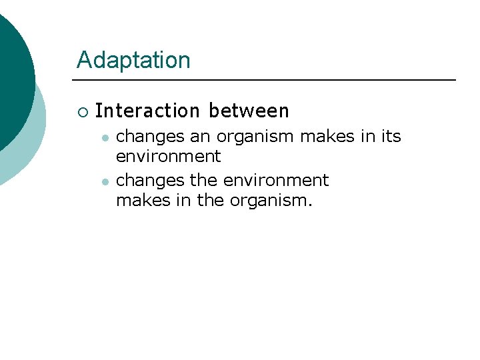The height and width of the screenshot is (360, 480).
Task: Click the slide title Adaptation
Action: tap(133, 60)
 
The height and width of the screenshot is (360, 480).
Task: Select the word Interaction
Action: tap(147, 111)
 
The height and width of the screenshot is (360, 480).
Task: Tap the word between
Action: tap(249, 111)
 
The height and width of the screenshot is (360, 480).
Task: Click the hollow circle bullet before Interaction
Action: tap(82, 111)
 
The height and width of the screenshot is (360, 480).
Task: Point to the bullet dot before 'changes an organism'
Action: tap(105, 137)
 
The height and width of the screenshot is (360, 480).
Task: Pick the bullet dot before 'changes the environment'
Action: tap(105, 181)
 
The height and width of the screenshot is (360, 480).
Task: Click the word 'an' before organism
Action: tap(199, 137)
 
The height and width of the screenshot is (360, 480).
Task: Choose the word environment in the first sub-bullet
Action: tap(168, 157)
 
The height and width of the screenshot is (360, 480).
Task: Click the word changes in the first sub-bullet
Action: tap(150, 137)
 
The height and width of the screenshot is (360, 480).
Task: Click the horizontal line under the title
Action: tap(267, 80)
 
